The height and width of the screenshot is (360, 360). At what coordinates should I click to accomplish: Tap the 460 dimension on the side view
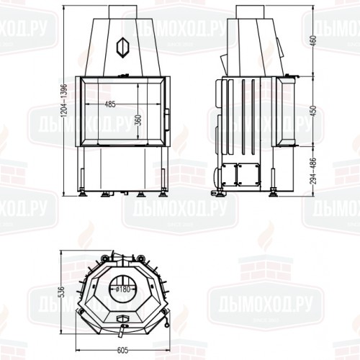pyautogui.click(x=312, y=40)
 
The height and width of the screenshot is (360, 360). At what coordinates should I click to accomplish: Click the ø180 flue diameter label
pyautogui.click(x=124, y=289)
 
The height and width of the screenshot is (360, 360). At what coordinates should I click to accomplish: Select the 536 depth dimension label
pyautogui.click(x=62, y=292)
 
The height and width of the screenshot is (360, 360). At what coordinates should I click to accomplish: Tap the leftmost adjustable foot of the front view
pyautogui.click(x=85, y=192)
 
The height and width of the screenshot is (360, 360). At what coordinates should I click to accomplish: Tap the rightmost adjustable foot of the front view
pyautogui.click(x=163, y=192)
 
